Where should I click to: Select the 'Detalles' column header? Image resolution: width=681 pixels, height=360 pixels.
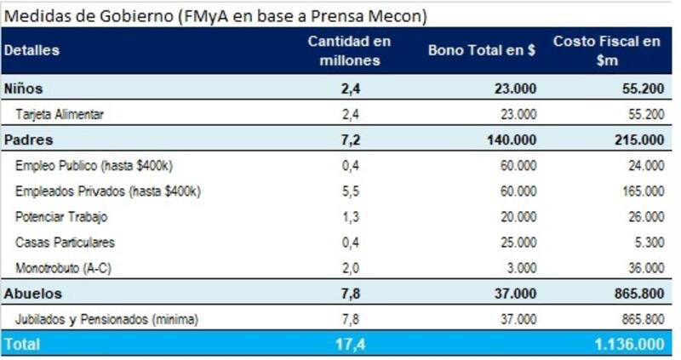31,50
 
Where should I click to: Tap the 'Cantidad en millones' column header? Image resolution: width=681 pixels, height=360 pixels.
349,50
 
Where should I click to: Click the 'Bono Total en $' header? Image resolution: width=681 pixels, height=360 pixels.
482,50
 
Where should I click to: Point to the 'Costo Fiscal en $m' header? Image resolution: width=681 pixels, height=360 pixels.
606,50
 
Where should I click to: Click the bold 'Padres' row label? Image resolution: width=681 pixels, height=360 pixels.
28,140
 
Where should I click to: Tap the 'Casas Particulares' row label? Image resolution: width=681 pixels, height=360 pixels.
65,243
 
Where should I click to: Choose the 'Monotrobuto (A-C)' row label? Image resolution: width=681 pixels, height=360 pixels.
64,268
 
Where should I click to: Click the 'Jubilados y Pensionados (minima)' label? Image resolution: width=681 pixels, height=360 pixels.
106,319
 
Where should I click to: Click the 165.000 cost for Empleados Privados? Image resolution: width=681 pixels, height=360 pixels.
643,191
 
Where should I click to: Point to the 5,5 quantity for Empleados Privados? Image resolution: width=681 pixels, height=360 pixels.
350,191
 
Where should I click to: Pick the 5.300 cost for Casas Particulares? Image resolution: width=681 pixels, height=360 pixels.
649,243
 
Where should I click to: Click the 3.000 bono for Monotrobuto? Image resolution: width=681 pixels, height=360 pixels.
521,268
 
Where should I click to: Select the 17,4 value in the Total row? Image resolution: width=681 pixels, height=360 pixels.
350,345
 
